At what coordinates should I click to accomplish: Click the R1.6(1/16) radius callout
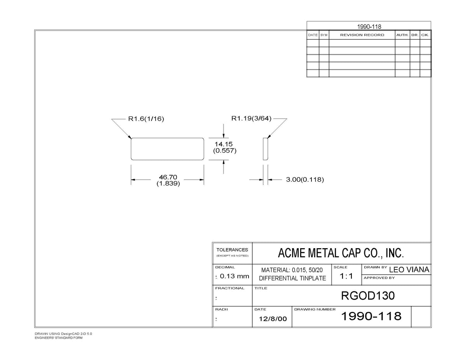click(x=146, y=118)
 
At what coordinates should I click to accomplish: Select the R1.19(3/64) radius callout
click(x=251, y=118)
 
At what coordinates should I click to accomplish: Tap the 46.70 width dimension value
click(x=168, y=177)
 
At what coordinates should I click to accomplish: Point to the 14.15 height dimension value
click(x=224, y=144)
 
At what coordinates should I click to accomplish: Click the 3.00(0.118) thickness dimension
click(x=305, y=179)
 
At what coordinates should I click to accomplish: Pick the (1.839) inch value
click(x=168, y=184)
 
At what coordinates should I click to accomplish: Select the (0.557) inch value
click(x=225, y=151)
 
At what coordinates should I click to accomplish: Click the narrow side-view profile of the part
click(x=266, y=149)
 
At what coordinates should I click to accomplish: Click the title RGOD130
click(x=368, y=296)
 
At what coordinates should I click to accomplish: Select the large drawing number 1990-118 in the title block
click(x=371, y=316)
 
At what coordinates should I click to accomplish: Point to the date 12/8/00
click(x=273, y=319)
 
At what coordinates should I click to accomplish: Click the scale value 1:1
click(x=346, y=276)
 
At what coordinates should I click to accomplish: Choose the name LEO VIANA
click(x=409, y=270)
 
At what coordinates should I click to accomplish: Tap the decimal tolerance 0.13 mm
click(x=235, y=276)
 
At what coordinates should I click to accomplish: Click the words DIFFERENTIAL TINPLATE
click(x=292, y=278)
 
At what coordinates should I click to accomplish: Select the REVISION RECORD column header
click(x=362, y=35)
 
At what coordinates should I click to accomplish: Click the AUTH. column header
click(x=403, y=35)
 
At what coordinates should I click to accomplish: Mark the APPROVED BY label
click(x=379, y=278)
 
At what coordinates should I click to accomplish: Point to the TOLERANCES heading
click(x=232, y=250)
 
